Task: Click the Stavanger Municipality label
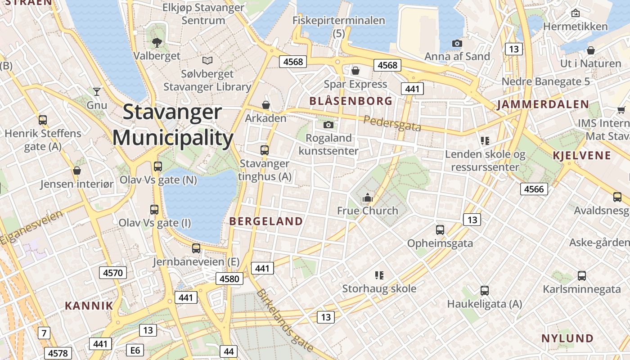pyautogui.click(x=173, y=125)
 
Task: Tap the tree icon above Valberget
pyautogui.click(x=157, y=43)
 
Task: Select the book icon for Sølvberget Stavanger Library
pyautogui.click(x=207, y=60)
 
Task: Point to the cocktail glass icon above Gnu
pyautogui.click(x=97, y=92)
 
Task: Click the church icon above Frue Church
pyautogui.click(x=368, y=197)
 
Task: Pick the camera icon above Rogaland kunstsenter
pyautogui.click(x=328, y=125)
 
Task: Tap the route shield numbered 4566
pyautogui.click(x=534, y=189)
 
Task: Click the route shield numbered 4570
pyautogui.click(x=112, y=272)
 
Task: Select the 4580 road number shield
pyautogui.click(x=229, y=279)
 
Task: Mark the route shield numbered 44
pyautogui.click(x=229, y=351)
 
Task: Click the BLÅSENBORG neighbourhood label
pyautogui.click(x=351, y=101)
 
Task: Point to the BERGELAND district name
pyautogui.click(x=266, y=221)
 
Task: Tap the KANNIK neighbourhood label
pyautogui.click(x=89, y=306)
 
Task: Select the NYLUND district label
pyautogui.click(x=567, y=338)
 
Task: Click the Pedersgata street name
pyautogui.click(x=392, y=123)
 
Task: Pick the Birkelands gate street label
pyautogui.click(x=284, y=319)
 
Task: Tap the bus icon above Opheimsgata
pyautogui.click(x=440, y=230)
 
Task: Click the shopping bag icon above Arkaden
pyautogui.click(x=266, y=105)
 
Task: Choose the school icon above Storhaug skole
pyautogui.click(x=379, y=275)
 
